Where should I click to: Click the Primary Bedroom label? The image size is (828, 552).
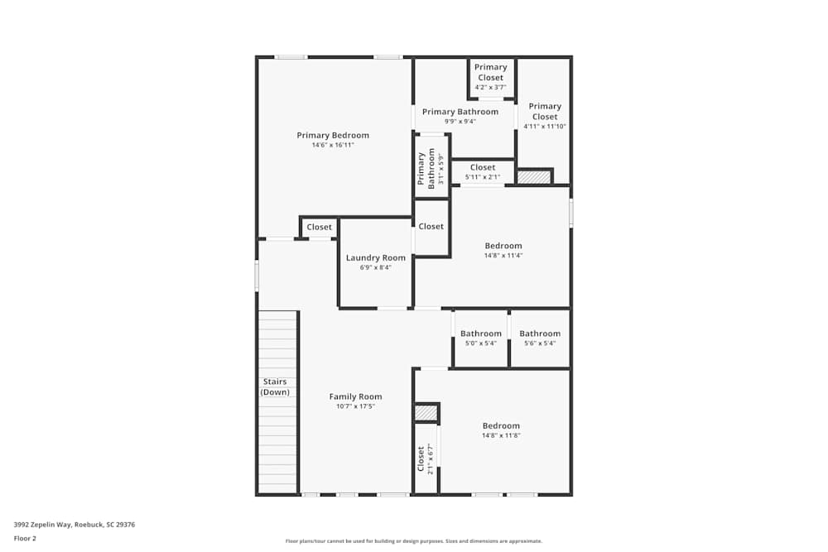(x=333, y=136)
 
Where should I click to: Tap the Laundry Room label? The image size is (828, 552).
(x=376, y=258)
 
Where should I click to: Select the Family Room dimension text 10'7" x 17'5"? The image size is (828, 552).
(x=355, y=406)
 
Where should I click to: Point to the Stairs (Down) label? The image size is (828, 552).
(x=275, y=386)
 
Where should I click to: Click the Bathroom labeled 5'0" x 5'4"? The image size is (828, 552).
(x=481, y=334)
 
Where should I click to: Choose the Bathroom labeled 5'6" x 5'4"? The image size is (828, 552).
(x=540, y=334)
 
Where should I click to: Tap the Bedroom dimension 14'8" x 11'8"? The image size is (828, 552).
(x=501, y=435)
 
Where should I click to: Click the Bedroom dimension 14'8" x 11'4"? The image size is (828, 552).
(x=503, y=256)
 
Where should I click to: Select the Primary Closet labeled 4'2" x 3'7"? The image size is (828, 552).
(x=490, y=73)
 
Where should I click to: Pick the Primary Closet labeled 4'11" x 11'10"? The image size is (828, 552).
(x=545, y=112)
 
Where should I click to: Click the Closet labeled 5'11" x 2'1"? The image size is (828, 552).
(x=483, y=168)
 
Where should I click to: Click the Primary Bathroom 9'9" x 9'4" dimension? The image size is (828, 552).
(x=460, y=122)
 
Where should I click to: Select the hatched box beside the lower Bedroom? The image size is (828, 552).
(x=426, y=412)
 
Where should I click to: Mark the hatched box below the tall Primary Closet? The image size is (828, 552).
(x=534, y=176)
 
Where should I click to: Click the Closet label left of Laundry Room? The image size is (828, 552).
(x=319, y=228)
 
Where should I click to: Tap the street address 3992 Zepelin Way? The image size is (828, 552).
(x=75, y=524)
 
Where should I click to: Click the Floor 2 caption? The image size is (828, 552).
(x=25, y=538)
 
